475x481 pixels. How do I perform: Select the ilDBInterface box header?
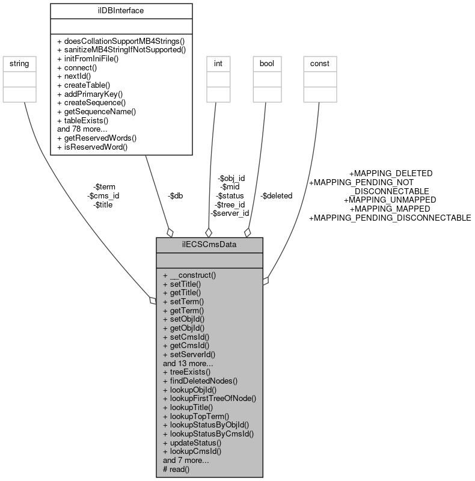(121, 10)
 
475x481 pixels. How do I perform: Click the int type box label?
(219, 63)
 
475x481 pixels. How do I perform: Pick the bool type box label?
(266, 63)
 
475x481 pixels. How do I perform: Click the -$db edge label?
(176, 196)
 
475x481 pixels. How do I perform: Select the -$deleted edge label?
(277, 195)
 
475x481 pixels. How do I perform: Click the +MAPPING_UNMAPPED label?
(390, 199)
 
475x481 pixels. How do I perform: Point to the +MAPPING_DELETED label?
(390, 173)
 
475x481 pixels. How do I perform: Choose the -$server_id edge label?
(230, 213)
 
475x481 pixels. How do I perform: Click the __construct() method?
(189, 275)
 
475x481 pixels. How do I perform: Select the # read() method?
(176, 469)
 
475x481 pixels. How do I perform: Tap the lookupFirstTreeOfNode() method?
(209, 398)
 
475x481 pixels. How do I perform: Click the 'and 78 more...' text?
(82, 129)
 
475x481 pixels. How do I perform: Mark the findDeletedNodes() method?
(200, 381)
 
